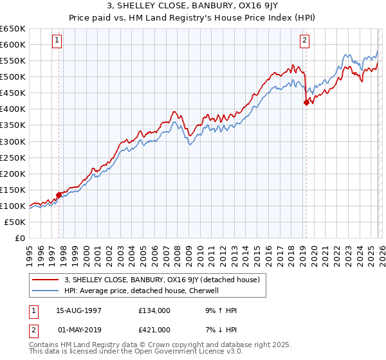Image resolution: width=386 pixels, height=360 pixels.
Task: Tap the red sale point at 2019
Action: pyautogui.click(x=306, y=102)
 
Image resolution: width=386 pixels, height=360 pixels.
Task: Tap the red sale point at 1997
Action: pyautogui.click(x=59, y=195)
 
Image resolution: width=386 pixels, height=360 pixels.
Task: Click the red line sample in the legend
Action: pyautogui.click(x=46, y=280)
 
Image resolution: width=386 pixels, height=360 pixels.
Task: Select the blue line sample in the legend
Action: pyautogui.click(x=46, y=291)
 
